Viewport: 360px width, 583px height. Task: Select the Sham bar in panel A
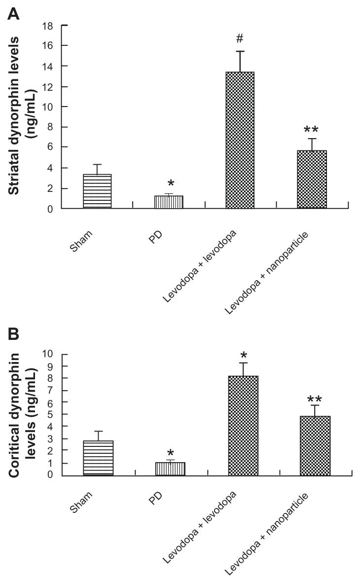point(97,191)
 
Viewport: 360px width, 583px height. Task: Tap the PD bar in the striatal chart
point(169,202)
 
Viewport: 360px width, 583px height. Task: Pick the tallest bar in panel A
point(240,141)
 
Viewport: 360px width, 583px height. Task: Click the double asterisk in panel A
point(311,130)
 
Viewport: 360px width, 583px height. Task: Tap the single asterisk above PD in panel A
point(171,184)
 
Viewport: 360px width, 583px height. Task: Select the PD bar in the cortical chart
point(171,469)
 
